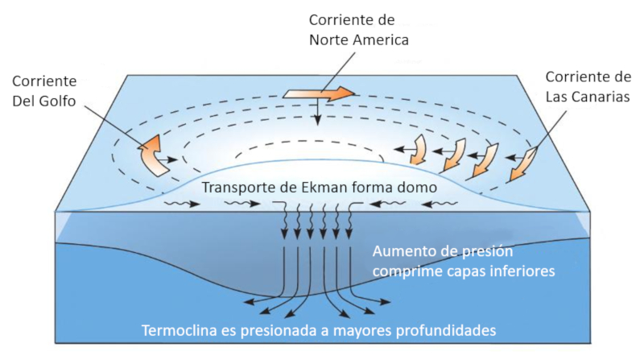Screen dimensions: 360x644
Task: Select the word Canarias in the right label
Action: tap(600, 96)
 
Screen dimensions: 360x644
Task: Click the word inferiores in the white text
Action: tap(519, 272)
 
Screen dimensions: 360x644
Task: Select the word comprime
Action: tap(407, 272)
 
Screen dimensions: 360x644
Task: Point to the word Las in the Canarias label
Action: tap(557, 96)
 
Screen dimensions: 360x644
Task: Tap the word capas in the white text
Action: tap(464, 272)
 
